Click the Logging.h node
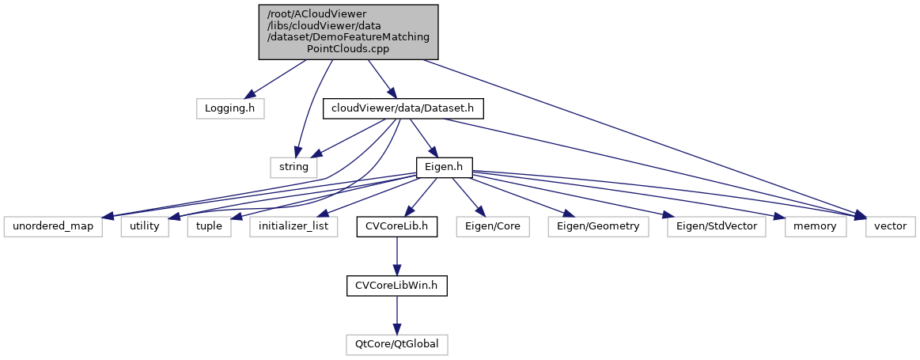(229, 108)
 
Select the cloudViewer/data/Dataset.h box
(403, 108)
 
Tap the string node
(294, 167)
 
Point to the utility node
(145, 226)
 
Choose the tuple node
(210, 226)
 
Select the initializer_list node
(293, 226)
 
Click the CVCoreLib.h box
(396, 226)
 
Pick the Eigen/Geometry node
(598, 226)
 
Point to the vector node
(889, 226)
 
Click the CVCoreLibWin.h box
(396, 286)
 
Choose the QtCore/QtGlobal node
(396, 345)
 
